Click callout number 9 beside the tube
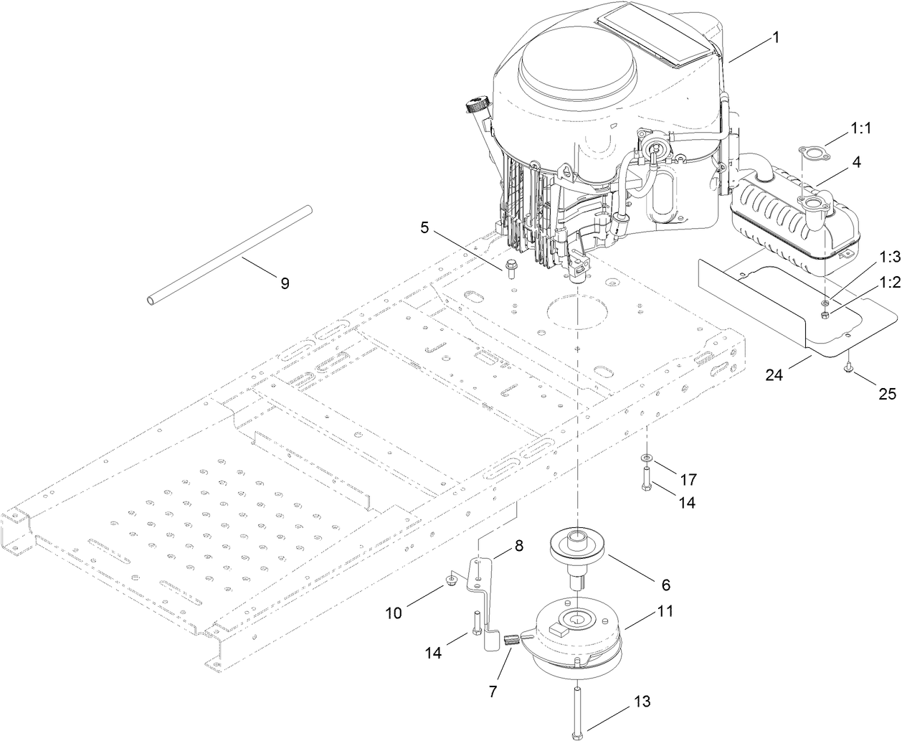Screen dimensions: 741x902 [x=285, y=283]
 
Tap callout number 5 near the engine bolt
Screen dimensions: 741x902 [x=424, y=228]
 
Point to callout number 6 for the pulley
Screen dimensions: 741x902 [x=665, y=585]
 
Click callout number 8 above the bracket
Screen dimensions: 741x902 [x=518, y=545]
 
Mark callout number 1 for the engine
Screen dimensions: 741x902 [x=776, y=38]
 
